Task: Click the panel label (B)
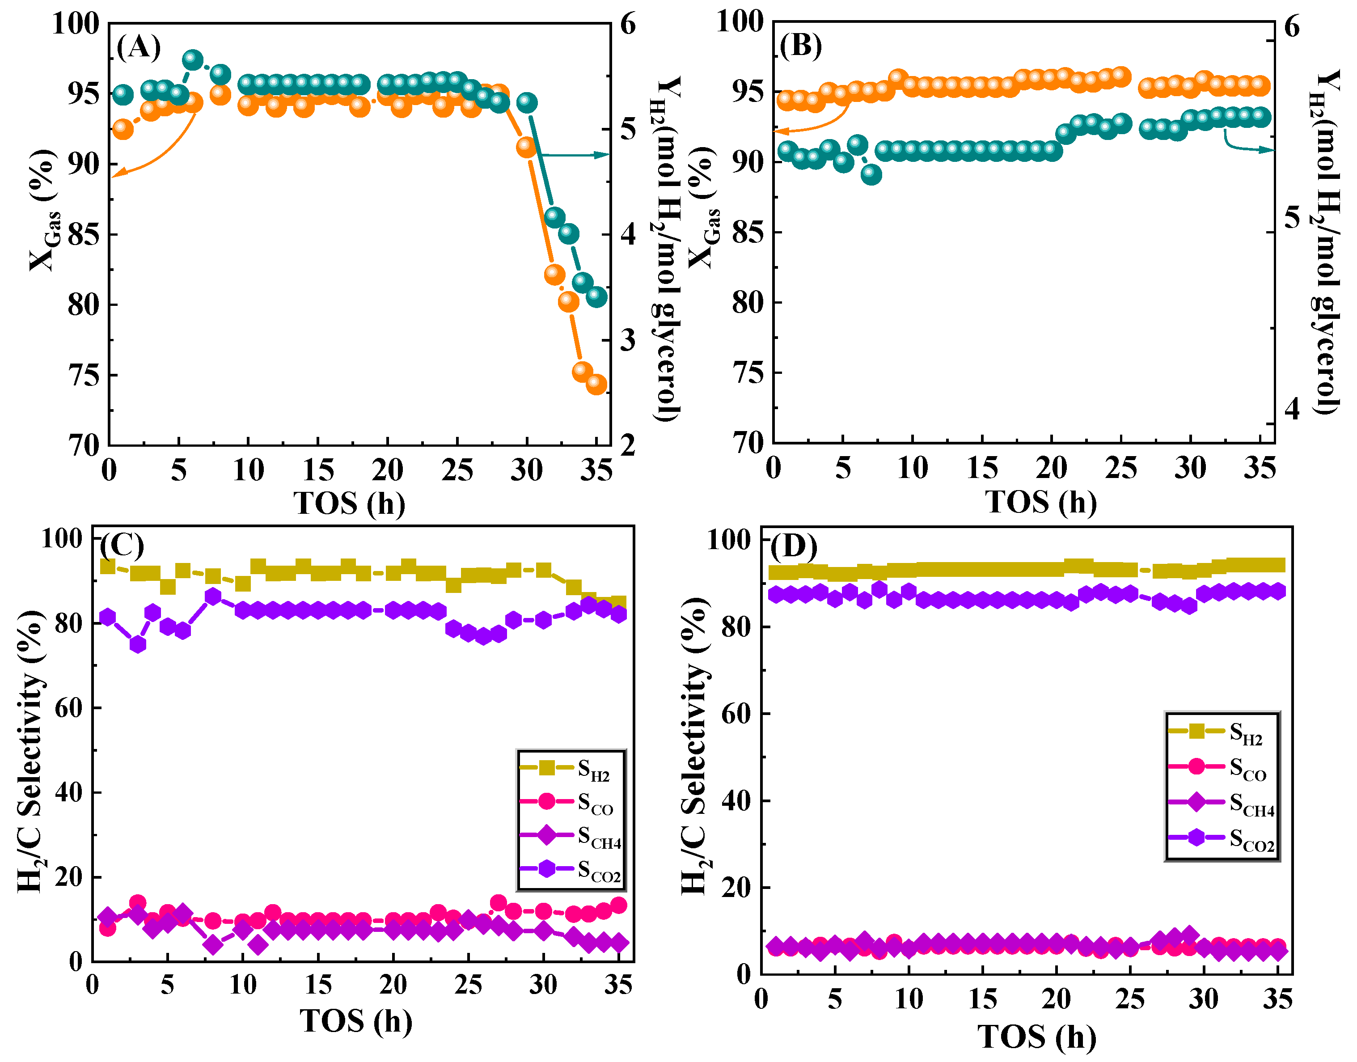(801, 46)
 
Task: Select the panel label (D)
(794, 546)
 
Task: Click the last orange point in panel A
(596, 384)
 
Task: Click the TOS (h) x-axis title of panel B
(1040, 502)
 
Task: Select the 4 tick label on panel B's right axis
(1292, 409)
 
